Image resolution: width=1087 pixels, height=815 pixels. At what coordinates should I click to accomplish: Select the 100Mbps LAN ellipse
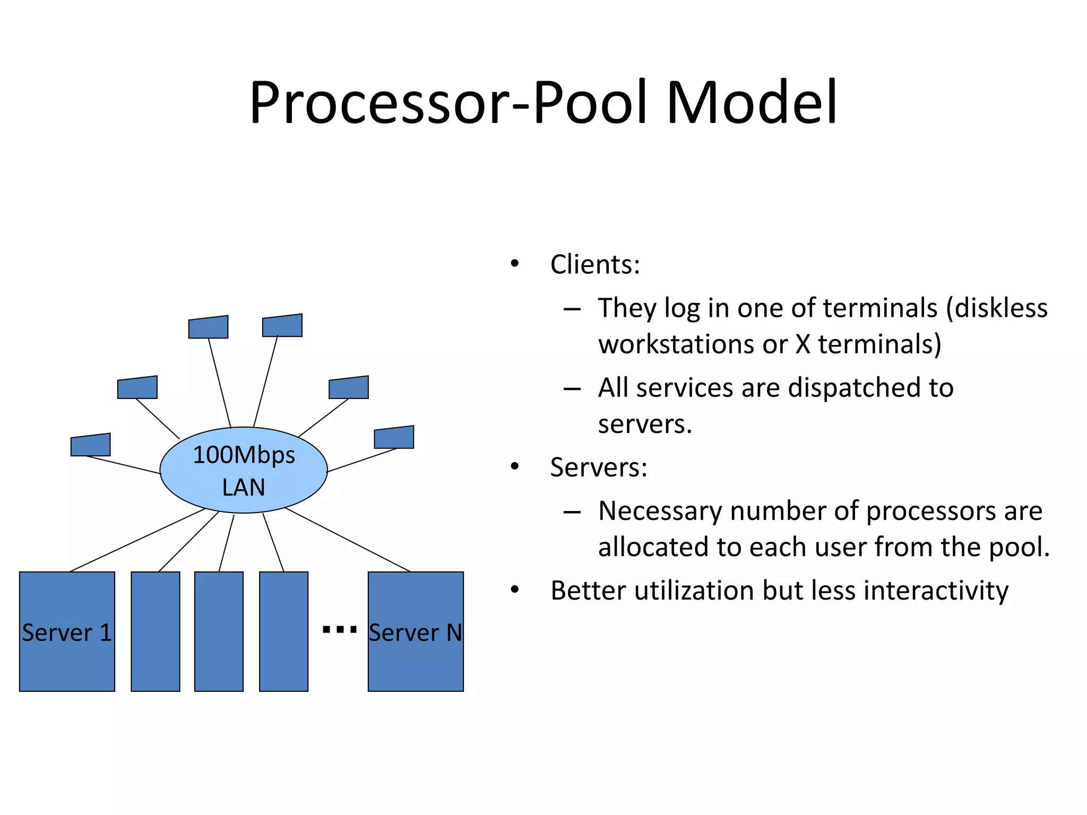tap(244, 470)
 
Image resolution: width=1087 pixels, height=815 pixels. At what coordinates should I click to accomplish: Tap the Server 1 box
tap(67, 631)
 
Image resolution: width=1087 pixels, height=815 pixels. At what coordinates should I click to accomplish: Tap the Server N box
tap(416, 631)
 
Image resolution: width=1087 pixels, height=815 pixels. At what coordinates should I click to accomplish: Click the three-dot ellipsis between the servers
tap(339, 630)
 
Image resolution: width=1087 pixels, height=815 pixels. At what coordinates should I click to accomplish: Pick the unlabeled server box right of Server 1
tap(156, 631)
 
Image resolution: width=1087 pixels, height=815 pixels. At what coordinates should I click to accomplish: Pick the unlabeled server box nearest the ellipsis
tap(283, 631)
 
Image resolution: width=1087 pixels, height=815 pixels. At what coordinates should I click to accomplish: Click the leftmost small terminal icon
tap(91, 445)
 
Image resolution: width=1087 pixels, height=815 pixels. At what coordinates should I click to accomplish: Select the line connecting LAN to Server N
tap(348, 540)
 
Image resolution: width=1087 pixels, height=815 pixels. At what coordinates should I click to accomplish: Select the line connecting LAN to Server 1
tap(137, 540)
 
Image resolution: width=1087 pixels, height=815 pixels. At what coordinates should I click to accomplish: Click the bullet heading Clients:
tap(595, 264)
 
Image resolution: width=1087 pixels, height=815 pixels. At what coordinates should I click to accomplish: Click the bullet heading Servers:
tap(599, 467)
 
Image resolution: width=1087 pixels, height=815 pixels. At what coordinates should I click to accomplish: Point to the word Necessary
tap(660, 511)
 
